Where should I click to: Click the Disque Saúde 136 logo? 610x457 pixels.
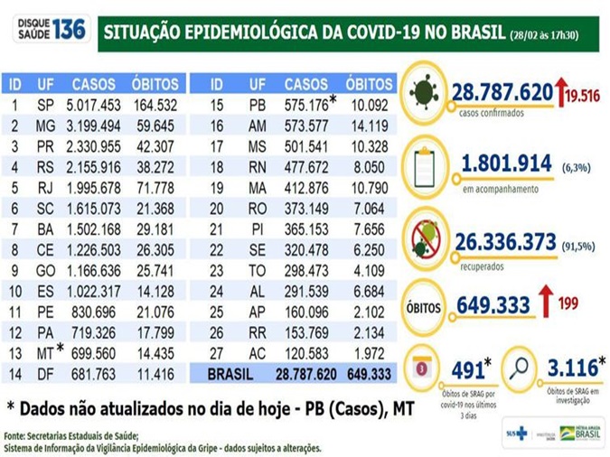(x=51, y=30)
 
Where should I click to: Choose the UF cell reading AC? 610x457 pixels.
(x=257, y=353)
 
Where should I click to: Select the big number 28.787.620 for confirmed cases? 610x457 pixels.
(x=502, y=93)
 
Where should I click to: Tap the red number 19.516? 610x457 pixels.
(x=581, y=93)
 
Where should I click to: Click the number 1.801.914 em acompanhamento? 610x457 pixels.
(x=505, y=164)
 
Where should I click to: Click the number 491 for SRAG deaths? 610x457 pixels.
(x=466, y=368)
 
